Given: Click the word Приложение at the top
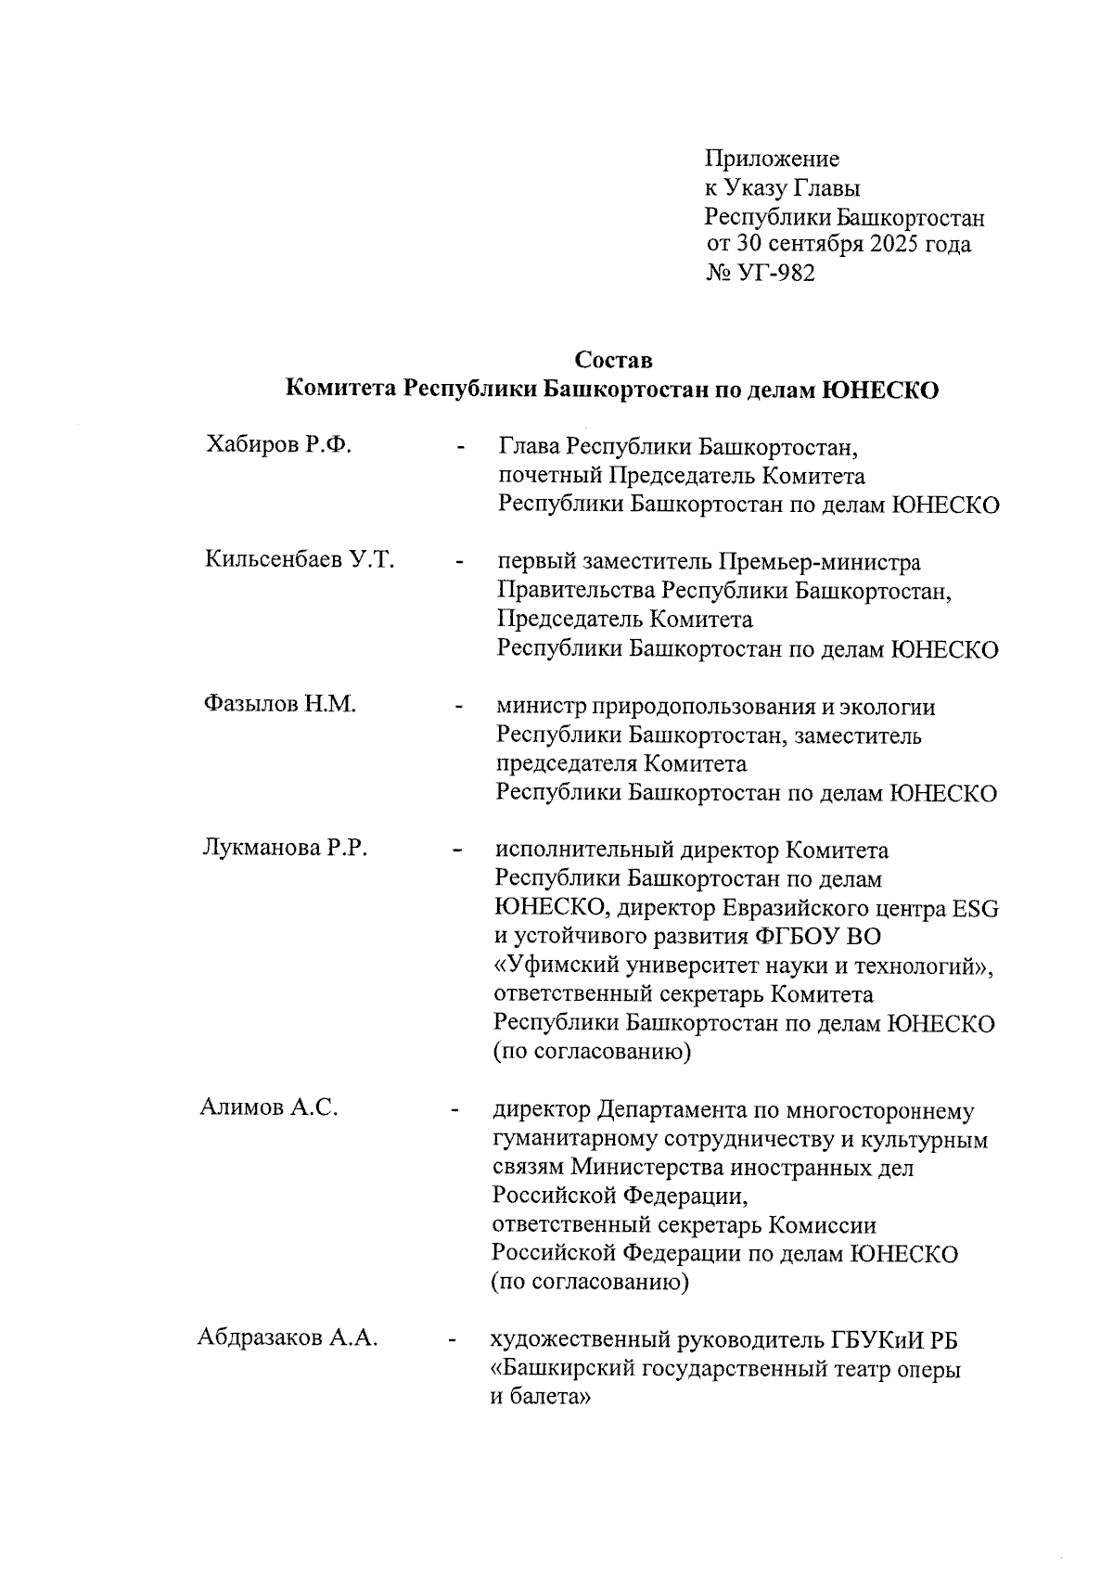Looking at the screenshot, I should pyautogui.click(x=772, y=159).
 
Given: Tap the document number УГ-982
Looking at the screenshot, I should pyautogui.click(x=776, y=274).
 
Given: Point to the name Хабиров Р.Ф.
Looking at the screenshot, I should pyautogui.click(x=278, y=445).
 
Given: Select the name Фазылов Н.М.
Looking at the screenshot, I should pyautogui.click(x=280, y=704).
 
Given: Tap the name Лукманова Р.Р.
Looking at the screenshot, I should pyautogui.click(x=286, y=848).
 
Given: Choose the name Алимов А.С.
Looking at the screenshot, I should pyautogui.click(x=269, y=1107).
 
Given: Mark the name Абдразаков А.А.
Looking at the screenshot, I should pyautogui.click(x=288, y=1337).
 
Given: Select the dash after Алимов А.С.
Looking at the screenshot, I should pyautogui.click(x=454, y=1109).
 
